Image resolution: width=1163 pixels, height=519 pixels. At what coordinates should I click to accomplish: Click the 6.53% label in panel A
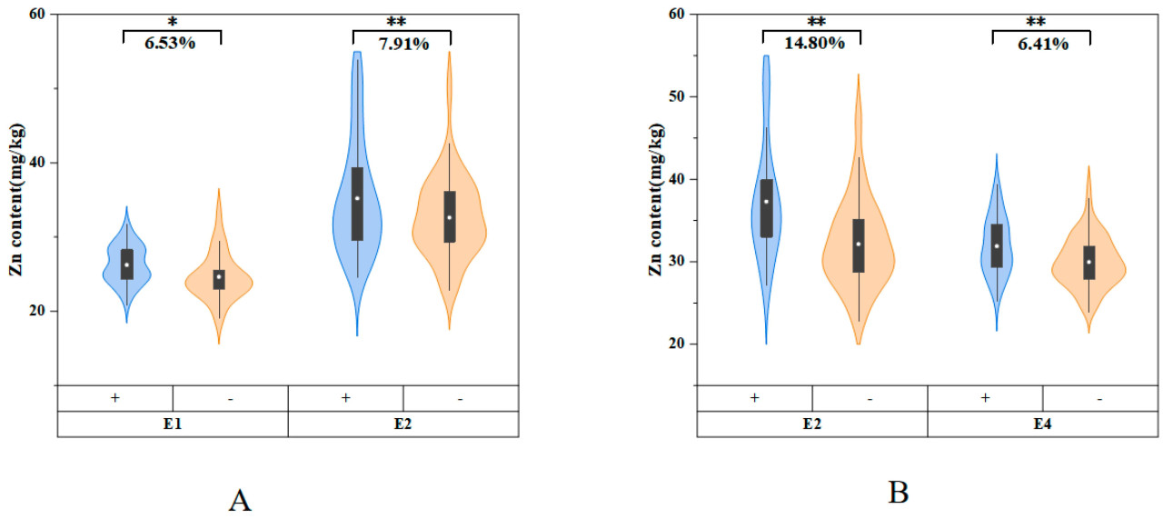point(171,44)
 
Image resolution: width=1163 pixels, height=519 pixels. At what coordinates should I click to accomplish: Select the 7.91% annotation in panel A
point(401,44)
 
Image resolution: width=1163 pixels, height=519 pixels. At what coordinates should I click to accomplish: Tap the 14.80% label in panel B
point(810,44)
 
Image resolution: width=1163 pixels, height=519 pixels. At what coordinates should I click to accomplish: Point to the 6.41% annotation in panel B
point(1040,44)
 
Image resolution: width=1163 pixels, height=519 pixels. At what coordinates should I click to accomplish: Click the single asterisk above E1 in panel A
point(172,20)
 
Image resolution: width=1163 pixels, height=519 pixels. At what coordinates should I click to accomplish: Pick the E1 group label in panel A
point(173,424)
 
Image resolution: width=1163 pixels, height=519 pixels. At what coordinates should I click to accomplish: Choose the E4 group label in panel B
point(1042,424)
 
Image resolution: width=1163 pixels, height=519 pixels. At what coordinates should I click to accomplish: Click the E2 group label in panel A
point(403,424)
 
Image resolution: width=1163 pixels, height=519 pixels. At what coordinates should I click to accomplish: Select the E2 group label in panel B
point(811,424)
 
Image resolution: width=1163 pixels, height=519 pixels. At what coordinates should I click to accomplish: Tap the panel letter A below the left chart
point(240,500)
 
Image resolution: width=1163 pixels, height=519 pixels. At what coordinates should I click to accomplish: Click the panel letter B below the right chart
point(898,493)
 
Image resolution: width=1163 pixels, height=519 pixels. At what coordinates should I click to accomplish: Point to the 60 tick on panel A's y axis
point(40,15)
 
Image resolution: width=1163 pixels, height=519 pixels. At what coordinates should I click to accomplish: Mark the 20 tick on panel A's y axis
point(40,311)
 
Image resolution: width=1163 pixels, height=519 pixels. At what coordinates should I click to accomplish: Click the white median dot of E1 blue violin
point(127,264)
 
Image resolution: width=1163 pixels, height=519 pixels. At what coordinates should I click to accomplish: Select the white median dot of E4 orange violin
point(1088,262)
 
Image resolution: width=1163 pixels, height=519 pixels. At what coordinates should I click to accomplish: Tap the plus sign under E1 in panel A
point(115,398)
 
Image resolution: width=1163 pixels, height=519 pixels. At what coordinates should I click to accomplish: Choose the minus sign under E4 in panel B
point(1099,398)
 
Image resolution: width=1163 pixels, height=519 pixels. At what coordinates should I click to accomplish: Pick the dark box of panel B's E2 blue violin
point(767,208)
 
